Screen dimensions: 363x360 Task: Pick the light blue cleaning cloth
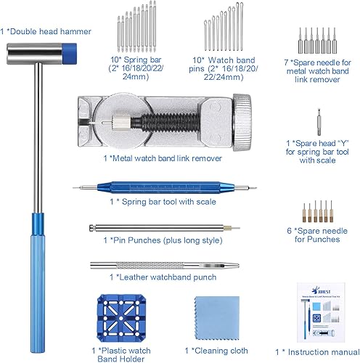click(x=218, y=319)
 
